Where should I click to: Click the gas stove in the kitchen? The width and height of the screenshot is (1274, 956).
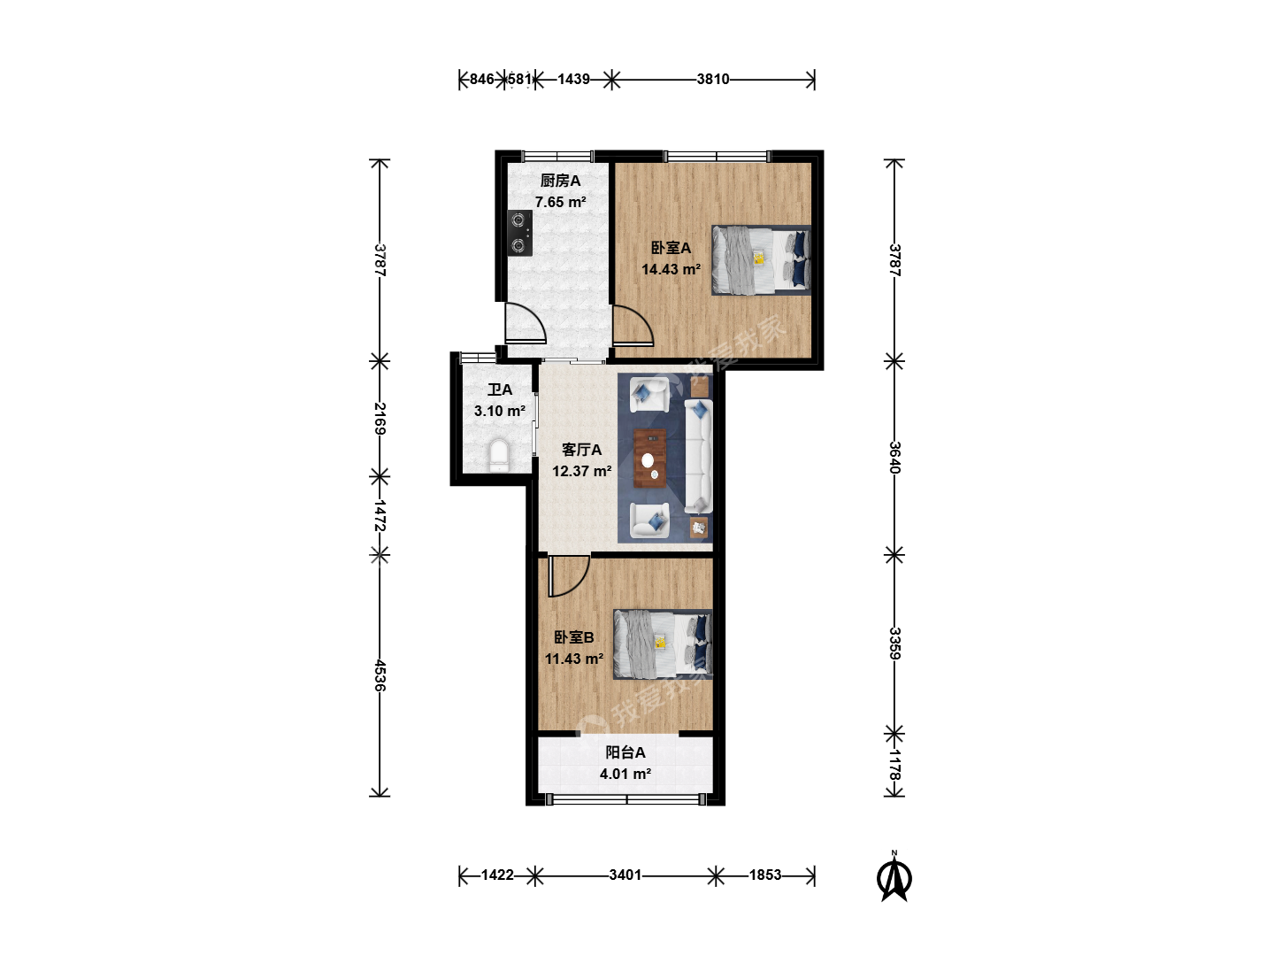coord(520,234)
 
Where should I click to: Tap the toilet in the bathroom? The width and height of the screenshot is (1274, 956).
coord(499,456)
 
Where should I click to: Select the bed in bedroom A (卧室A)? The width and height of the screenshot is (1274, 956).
coord(762,260)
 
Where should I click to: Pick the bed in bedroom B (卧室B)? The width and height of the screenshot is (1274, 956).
coord(663,644)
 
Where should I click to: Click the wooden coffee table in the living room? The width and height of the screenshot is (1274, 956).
coord(650,459)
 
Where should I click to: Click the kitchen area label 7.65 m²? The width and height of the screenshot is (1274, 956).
coord(560,202)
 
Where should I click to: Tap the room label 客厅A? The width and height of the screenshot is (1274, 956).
coord(581,450)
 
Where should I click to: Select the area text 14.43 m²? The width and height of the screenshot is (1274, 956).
coord(671,269)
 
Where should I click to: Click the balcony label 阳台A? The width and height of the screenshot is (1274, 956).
coord(625,752)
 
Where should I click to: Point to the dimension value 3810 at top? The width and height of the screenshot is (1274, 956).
coord(713,79)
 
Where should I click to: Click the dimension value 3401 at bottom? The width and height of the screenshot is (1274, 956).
coord(625,875)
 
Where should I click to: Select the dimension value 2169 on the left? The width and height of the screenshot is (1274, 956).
coord(380,419)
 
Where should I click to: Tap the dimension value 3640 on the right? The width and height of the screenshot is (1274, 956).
coord(894,458)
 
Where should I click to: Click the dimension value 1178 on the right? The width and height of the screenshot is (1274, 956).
coord(894,765)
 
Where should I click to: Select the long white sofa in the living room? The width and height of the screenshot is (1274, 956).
coord(698,456)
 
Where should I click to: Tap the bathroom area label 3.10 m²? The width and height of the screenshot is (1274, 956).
coord(500,411)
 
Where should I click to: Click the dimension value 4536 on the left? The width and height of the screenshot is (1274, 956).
coord(380,675)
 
